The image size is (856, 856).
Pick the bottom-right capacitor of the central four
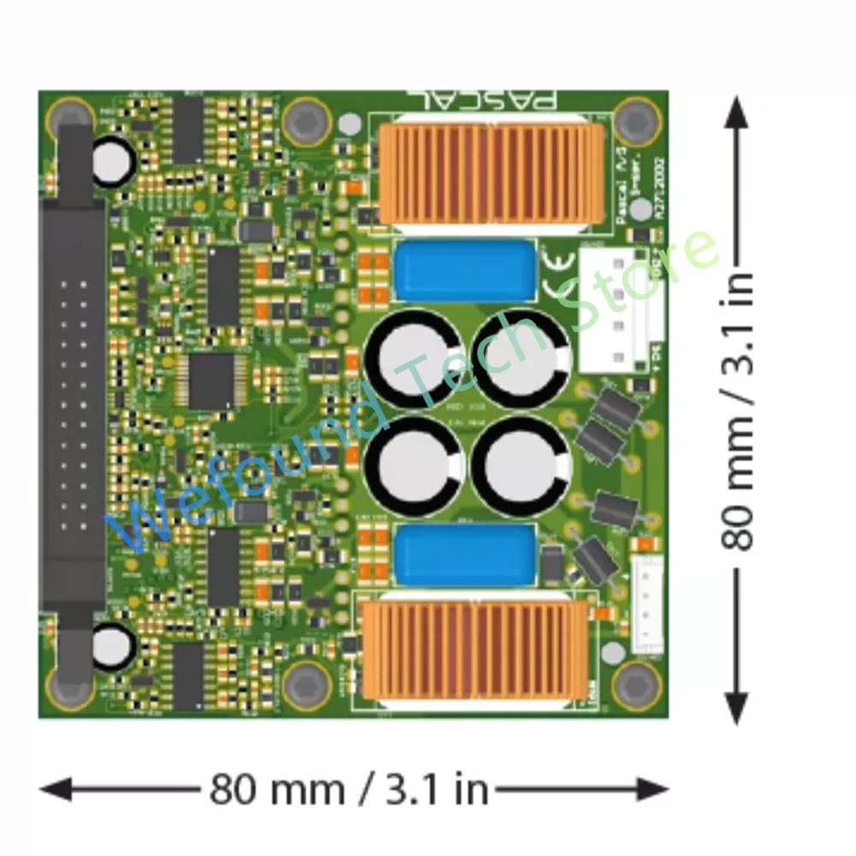(x=521, y=467)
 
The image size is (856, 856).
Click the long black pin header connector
(x=74, y=402)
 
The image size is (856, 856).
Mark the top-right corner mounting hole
(x=637, y=120)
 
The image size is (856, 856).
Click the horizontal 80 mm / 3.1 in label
(x=349, y=788)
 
